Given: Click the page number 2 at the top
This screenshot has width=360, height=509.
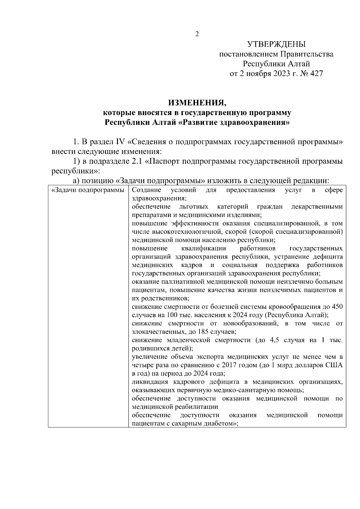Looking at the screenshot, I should pyautogui.click(x=197, y=34).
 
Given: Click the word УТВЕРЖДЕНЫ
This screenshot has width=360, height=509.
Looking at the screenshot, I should pyautogui.click(x=276, y=45).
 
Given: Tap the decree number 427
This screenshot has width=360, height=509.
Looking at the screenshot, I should pyautogui.click(x=316, y=73).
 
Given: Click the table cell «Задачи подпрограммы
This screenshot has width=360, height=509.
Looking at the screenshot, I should pyautogui.click(x=88, y=190).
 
